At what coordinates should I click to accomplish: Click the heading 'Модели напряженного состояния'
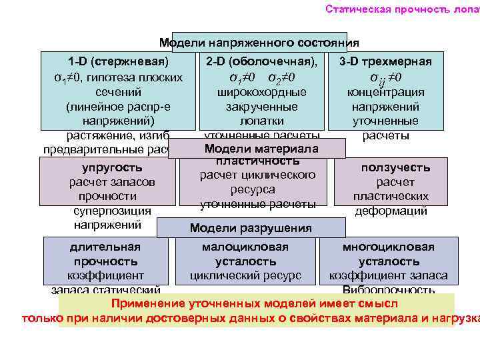[x=259, y=43]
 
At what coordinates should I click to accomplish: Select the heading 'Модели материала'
[x=261, y=148]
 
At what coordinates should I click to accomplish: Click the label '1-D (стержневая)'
[x=112, y=62]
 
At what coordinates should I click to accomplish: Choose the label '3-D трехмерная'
[x=385, y=62]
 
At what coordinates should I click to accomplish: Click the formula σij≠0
[x=385, y=77]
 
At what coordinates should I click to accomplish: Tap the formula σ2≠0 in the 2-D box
[x=281, y=77]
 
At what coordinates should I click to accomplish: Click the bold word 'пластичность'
[x=257, y=161]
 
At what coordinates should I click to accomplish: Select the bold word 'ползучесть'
[x=395, y=167]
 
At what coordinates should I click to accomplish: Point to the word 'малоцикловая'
[x=245, y=247]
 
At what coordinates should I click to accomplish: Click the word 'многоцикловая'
[x=389, y=247]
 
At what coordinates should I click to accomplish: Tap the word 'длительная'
[x=105, y=247]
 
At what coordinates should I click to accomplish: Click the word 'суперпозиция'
[x=113, y=211]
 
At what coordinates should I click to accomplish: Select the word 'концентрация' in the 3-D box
[x=386, y=92]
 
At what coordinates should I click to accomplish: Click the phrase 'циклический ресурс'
[x=245, y=275]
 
